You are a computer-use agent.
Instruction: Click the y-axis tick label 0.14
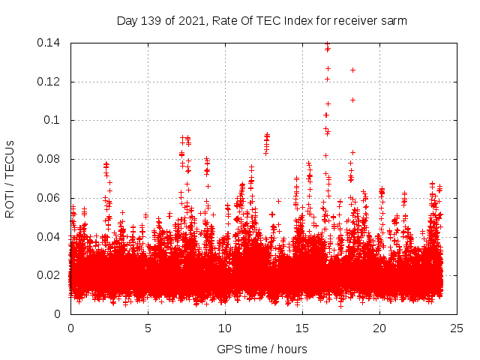(x=50, y=43)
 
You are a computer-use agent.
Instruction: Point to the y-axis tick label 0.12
(x=50, y=81)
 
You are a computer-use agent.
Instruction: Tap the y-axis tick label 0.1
(x=53, y=120)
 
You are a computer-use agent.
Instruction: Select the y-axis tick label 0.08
(x=50, y=159)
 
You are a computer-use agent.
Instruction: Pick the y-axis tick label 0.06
(x=50, y=198)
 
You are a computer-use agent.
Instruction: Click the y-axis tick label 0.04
(x=50, y=236)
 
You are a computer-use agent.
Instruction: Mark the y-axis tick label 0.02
(x=50, y=275)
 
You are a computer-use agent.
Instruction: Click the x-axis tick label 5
(x=148, y=328)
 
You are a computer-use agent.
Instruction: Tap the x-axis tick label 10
(x=225, y=328)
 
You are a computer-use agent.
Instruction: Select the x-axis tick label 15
(x=302, y=328)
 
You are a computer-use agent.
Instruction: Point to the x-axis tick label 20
(x=380, y=328)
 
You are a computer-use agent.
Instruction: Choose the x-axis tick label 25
(x=457, y=328)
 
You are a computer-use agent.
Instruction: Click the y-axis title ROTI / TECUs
(x=10, y=178)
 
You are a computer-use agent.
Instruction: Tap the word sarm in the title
(x=394, y=20)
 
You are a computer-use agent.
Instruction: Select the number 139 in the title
(x=154, y=20)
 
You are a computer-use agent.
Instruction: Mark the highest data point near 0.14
(x=327, y=44)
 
